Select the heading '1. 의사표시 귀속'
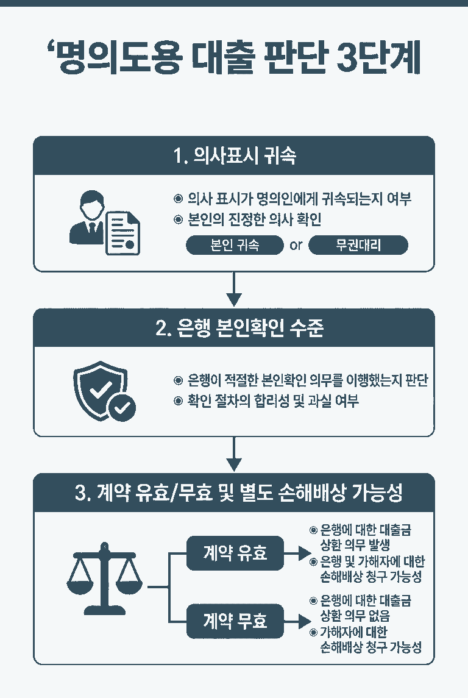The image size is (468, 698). pos(234,156)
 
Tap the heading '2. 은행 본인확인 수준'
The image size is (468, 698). pos(234,329)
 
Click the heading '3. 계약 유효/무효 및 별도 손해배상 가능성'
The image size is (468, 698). pos(234,493)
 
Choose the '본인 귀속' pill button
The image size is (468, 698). pos(235,246)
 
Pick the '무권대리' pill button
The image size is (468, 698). pos(358,246)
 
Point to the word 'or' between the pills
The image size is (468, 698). pos(296,246)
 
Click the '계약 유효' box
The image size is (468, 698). pos(235,554)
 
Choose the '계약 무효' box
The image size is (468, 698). pos(235,621)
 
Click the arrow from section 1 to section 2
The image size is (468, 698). pos(234,290)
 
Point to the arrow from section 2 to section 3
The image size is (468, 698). pos(234,454)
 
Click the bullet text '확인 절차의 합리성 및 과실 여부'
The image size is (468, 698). pos(273,401)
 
